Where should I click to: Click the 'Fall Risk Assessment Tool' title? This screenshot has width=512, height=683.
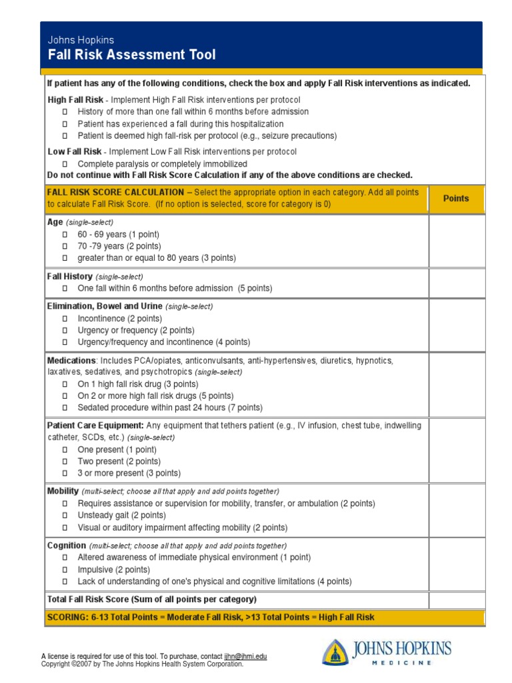coord(131,55)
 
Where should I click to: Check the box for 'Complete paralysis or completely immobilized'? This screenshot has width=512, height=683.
coord(65,164)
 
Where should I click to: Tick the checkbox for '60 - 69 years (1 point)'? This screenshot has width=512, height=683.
coord(65,235)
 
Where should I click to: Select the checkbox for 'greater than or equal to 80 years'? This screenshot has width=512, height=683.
coord(65,258)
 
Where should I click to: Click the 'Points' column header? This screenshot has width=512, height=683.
coord(456,199)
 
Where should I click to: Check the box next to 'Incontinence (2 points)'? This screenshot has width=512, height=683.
coord(65,319)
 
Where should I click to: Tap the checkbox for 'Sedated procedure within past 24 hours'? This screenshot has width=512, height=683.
coord(65,408)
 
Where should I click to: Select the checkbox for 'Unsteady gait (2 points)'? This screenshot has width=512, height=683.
coord(65,516)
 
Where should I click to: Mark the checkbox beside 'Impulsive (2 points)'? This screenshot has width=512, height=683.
coord(65,570)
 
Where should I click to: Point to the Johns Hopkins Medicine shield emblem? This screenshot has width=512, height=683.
coord(335,652)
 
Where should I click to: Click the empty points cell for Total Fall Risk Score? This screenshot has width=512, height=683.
coord(456,600)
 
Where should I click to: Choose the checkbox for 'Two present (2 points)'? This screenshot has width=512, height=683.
coord(65,462)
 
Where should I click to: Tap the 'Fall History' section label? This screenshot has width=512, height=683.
coord(69,276)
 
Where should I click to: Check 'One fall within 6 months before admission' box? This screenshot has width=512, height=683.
coord(65,289)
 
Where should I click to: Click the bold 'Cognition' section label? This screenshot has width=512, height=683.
coord(66,545)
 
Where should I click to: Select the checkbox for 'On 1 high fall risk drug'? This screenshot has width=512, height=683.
coord(65,384)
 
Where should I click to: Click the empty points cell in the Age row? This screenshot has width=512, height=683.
coord(456,240)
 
